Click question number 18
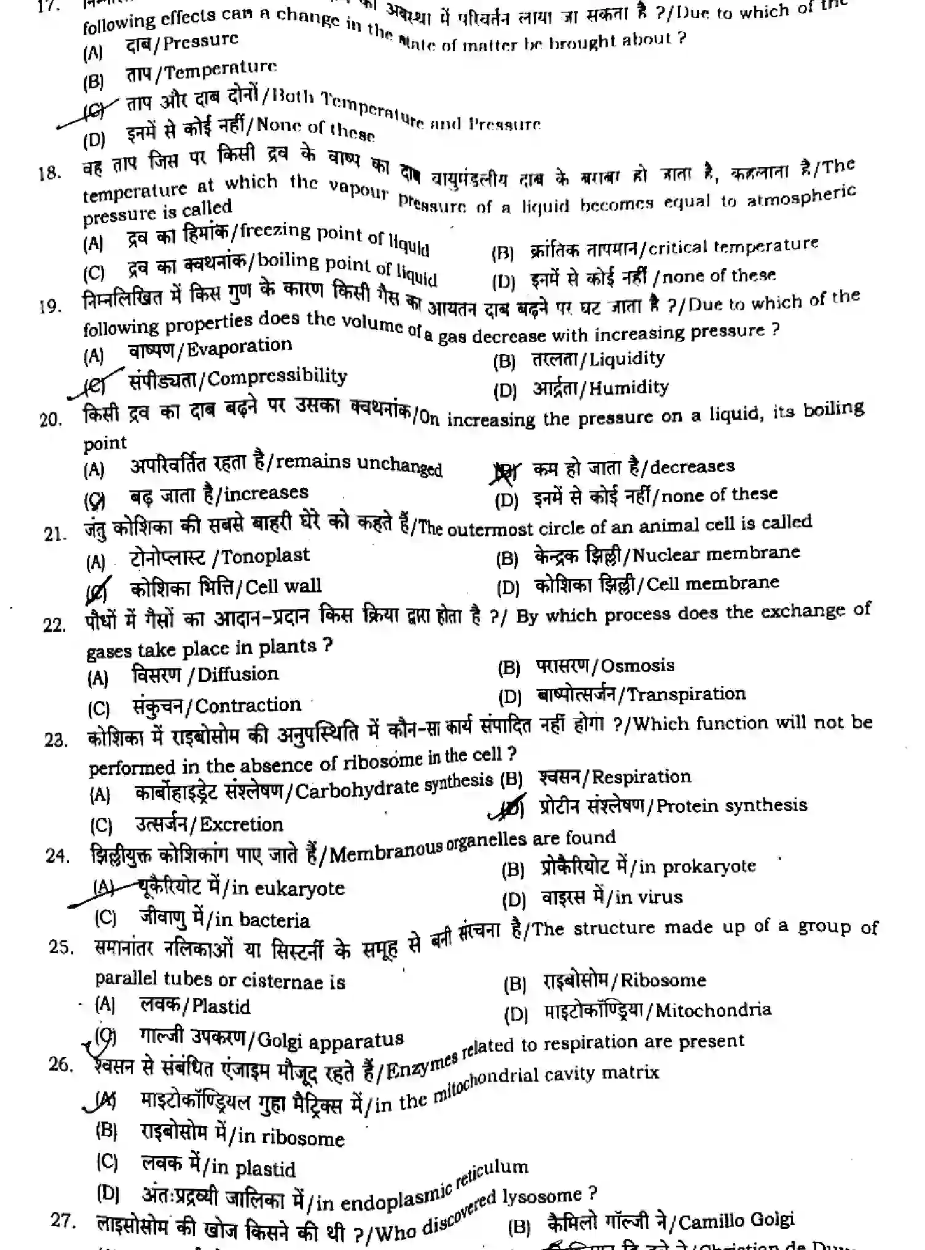[x=49, y=174]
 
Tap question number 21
[x=55, y=533]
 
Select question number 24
[x=57, y=855]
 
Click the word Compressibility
[x=277, y=376]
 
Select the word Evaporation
[x=239, y=347]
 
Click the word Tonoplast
[x=265, y=556]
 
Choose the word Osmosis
[x=637, y=666]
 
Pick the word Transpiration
[x=687, y=694]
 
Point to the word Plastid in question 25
[x=221, y=1007]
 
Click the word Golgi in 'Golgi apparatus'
[x=280, y=1040]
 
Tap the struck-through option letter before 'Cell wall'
[x=98, y=590]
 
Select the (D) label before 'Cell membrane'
[x=508, y=588]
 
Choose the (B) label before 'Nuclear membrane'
[x=507, y=558]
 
